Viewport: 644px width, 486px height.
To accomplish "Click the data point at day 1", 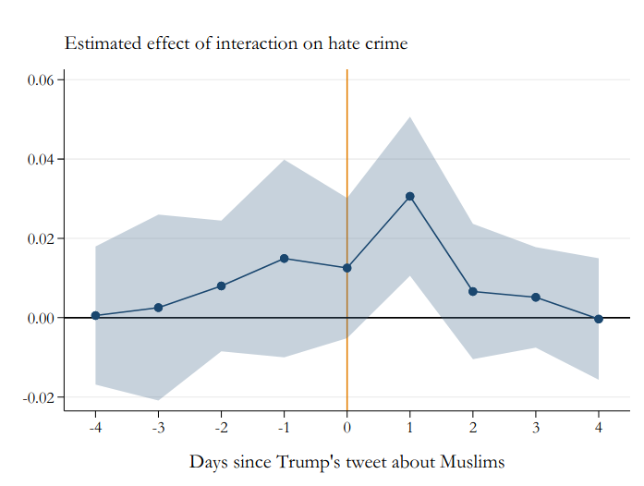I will tap(409, 197).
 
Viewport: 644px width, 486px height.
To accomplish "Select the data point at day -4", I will tap(95, 316).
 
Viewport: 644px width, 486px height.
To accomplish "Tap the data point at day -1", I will tap(284, 259).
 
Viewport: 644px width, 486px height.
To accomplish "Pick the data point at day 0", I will tap(346, 268).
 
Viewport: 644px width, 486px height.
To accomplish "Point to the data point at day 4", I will tap(599, 319).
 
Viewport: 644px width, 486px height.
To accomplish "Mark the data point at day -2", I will tap(221, 286).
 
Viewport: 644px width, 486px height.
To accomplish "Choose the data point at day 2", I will tap(473, 292).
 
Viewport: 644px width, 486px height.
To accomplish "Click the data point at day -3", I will tap(158, 308).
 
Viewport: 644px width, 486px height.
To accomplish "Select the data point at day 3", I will tap(536, 298).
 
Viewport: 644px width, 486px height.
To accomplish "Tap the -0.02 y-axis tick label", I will tap(40, 397).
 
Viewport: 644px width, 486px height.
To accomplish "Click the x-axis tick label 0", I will tap(346, 428).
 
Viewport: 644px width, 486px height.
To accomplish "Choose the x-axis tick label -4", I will tap(94, 428).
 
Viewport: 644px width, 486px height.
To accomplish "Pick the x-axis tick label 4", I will tap(599, 428).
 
